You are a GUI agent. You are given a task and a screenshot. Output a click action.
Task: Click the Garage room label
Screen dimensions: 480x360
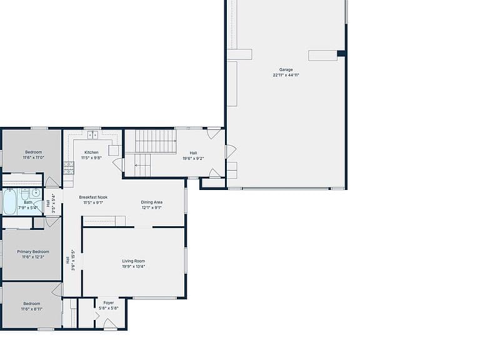pos(286,69)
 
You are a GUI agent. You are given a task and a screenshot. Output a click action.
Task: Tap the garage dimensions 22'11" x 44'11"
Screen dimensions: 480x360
pos(286,75)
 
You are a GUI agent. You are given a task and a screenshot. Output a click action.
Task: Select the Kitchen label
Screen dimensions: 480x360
pos(91,152)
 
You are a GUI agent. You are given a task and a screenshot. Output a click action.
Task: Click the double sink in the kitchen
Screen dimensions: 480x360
pos(92,135)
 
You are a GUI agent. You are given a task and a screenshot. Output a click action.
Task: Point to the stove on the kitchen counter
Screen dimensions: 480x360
pos(69,167)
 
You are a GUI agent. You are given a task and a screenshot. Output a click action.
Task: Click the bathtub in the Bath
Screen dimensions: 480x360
pos(9,202)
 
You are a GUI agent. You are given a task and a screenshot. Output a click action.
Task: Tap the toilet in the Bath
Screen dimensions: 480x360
pos(26,194)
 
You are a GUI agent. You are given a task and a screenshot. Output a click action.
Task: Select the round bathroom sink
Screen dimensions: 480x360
pos(36,193)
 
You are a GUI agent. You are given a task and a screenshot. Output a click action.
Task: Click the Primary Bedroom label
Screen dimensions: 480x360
pos(33,252)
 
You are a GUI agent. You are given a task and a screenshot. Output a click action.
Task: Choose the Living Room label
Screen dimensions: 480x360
pos(134,261)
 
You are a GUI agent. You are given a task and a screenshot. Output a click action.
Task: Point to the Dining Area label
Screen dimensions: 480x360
pos(151,202)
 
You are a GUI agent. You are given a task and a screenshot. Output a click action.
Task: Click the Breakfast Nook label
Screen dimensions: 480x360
pos(93,197)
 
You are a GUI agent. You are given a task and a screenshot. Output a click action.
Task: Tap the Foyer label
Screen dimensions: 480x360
pos(108,302)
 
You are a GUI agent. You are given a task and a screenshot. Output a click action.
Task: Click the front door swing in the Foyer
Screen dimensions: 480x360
pos(109,324)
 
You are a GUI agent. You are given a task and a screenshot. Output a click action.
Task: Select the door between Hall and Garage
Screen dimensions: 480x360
pos(230,151)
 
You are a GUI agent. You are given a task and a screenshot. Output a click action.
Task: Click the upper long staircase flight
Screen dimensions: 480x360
pos(156,141)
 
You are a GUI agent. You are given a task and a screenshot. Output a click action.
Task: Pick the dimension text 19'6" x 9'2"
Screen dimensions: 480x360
pos(193,159)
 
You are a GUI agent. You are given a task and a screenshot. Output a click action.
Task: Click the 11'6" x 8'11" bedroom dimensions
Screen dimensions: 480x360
pos(32,309)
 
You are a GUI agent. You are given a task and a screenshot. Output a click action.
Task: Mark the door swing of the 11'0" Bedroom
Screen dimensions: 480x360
pos(52,182)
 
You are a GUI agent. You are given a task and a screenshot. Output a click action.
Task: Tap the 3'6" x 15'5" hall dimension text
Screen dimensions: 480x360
pos(73,260)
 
